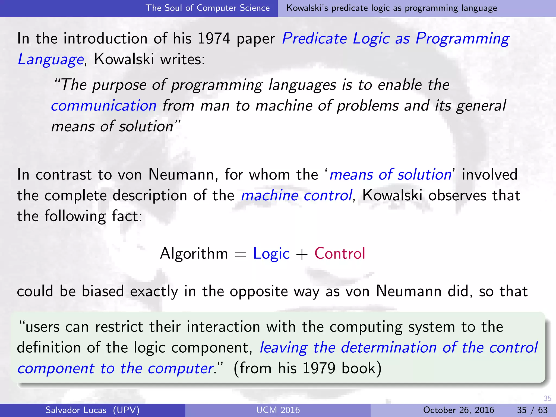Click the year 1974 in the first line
pos(214,39)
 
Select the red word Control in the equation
pos(340,254)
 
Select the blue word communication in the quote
pos(104,106)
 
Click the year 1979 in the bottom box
pos(319,368)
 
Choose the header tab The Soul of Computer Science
pos(208,8)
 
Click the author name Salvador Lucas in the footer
pos(76,410)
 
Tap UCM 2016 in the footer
pos(278,410)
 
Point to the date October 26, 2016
pos(459,410)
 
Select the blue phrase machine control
pos(296,195)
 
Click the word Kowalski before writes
pos(124,59)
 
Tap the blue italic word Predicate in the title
pos(314,39)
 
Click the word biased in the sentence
pos(103,291)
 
